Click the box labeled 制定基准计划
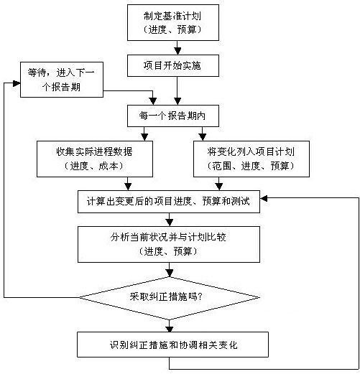(173, 22)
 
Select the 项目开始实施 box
(173, 65)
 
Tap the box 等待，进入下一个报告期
(62, 80)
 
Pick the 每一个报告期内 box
(173, 116)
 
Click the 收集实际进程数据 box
(95, 159)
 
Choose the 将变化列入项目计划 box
(251, 159)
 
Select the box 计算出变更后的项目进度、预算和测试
(169, 202)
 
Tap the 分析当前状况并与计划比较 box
(169, 244)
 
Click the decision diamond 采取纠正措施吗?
(170, 298)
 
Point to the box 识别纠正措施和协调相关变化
(172, 345)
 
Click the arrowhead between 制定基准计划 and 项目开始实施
(177, 51)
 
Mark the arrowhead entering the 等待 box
(17, 83)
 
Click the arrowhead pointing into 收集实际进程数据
(144, 137)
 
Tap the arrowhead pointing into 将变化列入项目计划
(203, 137)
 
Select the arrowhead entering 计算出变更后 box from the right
(264, 198)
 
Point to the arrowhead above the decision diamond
(170, 274)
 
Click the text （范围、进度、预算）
(251, 166)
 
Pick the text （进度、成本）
(94, 166)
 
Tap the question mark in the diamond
(200, 297)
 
